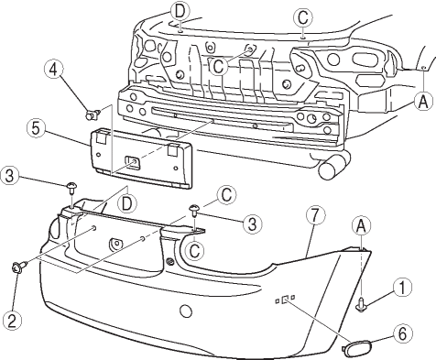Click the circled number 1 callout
click(x=402, y=288)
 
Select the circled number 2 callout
click(x=12, y=321)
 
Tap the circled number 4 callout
click(x=53, y=70)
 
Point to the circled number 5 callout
click(x=36, y=128)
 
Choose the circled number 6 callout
click(x=403, y=333)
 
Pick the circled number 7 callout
click(x=315, y=215)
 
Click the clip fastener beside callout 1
click(x=362, y=305)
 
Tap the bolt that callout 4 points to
click(x=93, y=115)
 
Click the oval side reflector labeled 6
click(x=356, y=349)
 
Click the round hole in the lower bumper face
click(x=185, y=311)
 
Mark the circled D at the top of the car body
click(x=180, y=12)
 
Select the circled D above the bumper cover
click(x=127, y=203)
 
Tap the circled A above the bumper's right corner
click(x=361, y=226)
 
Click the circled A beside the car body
click(x=423, y=102)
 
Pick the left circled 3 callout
click(x=10, y=176)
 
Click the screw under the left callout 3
click(x=71, y=189)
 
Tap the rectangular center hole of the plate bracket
click(x=133, y=163)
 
